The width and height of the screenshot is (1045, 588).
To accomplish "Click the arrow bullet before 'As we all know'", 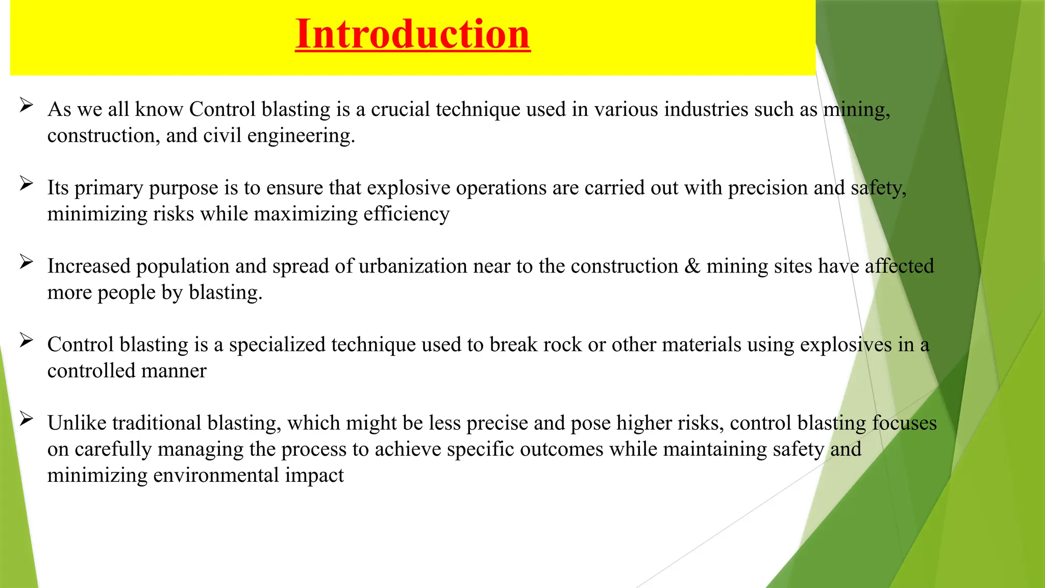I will pyautogui.click(x=27, y=106).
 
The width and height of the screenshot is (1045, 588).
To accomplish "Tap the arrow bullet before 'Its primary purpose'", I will pyautogui.click(x=27, y=184).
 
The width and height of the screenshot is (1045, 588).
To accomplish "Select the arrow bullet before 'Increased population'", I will pyautogui.click(x=27, y=262).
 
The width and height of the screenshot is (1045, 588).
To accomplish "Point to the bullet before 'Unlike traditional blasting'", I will pyautogui.click(x=27, y=420).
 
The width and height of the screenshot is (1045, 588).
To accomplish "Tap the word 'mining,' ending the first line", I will pyautogui.click(x=857, y=109).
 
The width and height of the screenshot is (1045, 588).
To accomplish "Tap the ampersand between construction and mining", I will pyautogui.click(x=692, y=266).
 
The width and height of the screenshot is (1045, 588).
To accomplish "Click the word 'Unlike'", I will pyautogui.click(x=77, y=423).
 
